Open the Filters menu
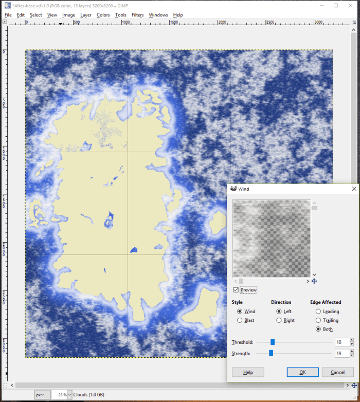(x=137, y=15)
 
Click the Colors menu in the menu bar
(x=103, y=15)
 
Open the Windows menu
(x=158, y=15)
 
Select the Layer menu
(x=86, y=15)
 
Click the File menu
(x=8, y=15)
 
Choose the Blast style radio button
(x=240, y=320)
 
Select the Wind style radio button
(x=240, y=312)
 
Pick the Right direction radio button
(x=279, y=320)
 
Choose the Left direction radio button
(x=279, y=312)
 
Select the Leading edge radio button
(x=318, y=312)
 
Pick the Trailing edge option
(x=318, y=320)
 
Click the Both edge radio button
(x=318, y=329)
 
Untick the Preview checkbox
(x=236, y=290)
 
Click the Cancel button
(x=337, y=372)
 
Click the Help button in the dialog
(x=248, y=372)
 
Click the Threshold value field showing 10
(x=340, y=342)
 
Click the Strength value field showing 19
(x=340, y=353)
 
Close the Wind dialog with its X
(x=354, y=189)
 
